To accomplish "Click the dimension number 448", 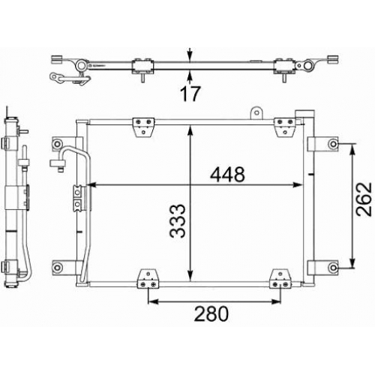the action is click(227, 174).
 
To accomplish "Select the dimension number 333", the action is click(178, 220).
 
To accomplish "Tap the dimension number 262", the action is click(364, 199).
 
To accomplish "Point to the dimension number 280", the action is click(211, 313).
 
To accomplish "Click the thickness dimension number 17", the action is click(190, 94).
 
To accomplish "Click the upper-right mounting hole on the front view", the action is click(333, 144).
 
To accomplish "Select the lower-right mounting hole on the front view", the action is click(333, 268).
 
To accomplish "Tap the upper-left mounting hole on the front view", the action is click(57, 144).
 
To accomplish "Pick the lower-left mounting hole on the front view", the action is click(57, 268).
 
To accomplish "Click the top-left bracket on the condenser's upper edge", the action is click(143, 127).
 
